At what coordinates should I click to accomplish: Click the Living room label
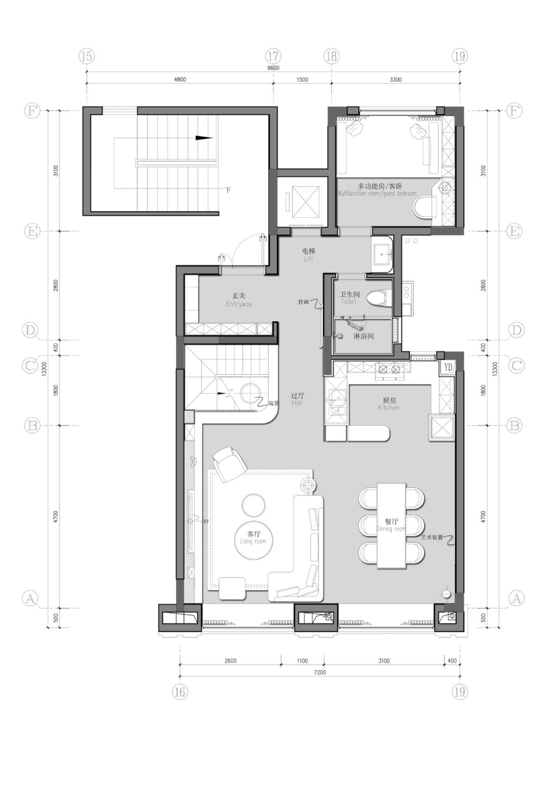253,537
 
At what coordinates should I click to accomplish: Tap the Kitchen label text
389,404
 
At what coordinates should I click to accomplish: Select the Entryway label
239,300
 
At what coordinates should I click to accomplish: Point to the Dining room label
391,525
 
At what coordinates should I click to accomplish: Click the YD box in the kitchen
447,367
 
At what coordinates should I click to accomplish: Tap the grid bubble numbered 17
273,56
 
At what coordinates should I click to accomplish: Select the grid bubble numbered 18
332,56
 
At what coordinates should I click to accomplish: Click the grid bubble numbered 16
180,692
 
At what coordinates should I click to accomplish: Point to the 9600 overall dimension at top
273,68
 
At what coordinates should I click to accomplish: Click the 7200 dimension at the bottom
320,672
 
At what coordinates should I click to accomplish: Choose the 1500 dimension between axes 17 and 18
302,80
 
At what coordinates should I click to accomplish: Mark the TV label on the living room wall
206,522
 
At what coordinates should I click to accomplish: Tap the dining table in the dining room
391,526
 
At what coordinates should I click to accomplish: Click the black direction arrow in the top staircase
204,138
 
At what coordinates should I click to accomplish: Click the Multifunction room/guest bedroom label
378,190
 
